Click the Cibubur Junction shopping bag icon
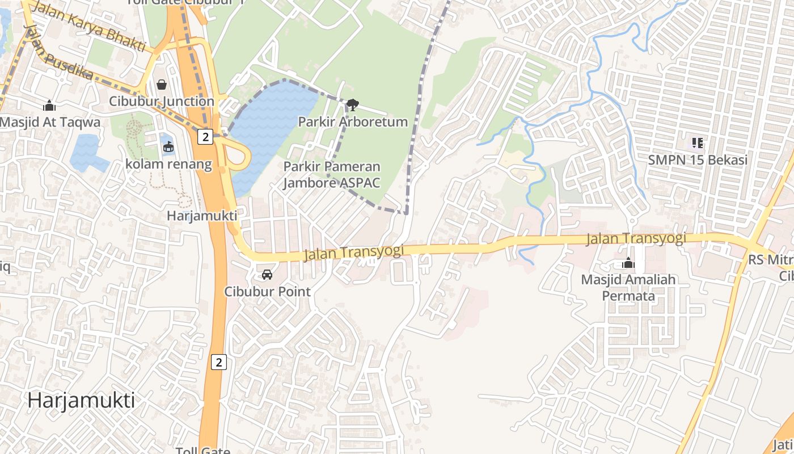[x=162, y=85]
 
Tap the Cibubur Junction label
[x=162, y=102]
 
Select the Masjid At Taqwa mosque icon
[x=49, y=106]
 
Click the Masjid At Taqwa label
[x=50, y=122]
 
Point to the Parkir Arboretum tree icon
[x=352, y=104]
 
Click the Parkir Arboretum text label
[x=353, y=121]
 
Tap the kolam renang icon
[x=168, y=147]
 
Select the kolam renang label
[x=168, y=165]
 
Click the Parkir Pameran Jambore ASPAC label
[x=332, y=175]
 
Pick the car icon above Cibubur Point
[x=267, y=275]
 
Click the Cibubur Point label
[x=268, y=292]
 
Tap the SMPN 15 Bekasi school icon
[x=698, y=143]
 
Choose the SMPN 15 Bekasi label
[x=698, y=160]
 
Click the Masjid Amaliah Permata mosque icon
[x=628, y=263]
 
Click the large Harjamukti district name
[x=81, y=401]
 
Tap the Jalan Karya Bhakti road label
[x=90, y=27]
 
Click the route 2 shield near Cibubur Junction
[x=205, y=137]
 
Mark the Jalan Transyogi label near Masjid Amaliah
[x=636, y=238]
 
